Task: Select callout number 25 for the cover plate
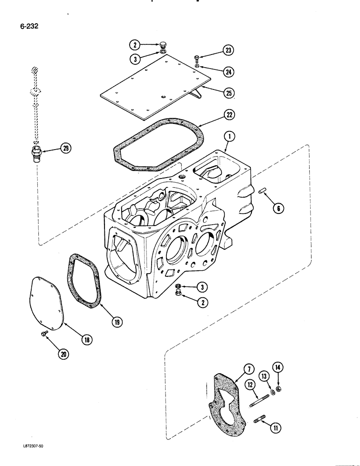click(229, 93)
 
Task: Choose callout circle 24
click(229, 72)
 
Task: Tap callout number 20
click(62, 354)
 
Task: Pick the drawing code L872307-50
click(26, 459)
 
